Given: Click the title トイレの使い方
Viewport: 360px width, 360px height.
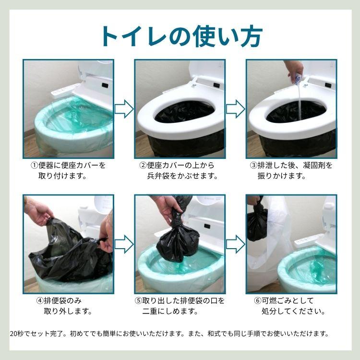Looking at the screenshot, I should pos(180,35).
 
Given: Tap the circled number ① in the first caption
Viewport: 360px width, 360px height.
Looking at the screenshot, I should pos(34,165).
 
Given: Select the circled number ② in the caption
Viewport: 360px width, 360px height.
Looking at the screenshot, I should pos(143,165).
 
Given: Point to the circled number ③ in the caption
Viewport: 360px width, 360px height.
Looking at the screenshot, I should pos(254,165).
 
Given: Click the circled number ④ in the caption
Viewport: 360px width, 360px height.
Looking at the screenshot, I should pos(40,300).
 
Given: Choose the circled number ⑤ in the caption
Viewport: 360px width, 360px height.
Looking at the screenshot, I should pos(138,300).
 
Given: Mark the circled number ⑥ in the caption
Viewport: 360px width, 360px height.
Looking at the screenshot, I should pos(258,300).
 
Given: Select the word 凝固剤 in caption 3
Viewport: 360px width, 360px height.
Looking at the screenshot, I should pos(312,165).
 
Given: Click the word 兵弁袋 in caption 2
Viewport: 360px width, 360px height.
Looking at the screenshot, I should pos(159,176).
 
